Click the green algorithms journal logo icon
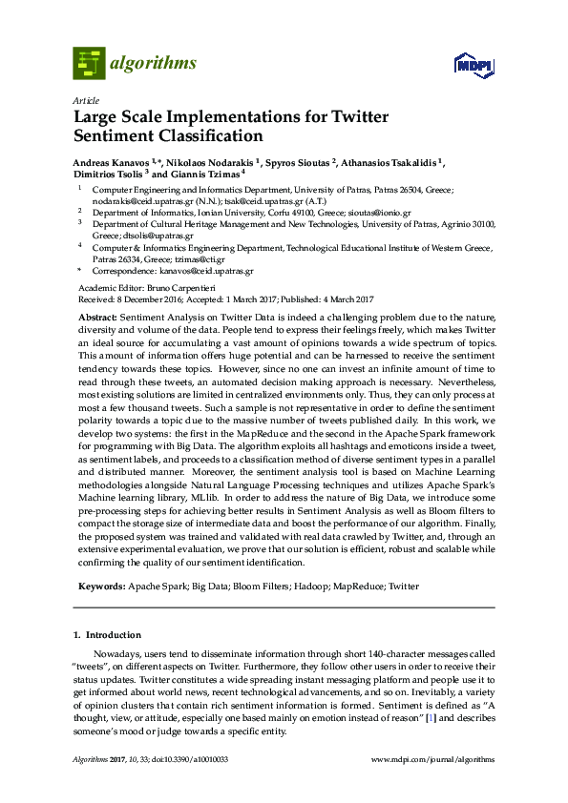click(x=89, y=64)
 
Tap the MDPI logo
click(x=474, y=65)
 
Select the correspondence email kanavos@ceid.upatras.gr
click(x=206, y=270)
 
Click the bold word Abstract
click(x=97, y=317)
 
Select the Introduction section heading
click(x=113, y=634)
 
